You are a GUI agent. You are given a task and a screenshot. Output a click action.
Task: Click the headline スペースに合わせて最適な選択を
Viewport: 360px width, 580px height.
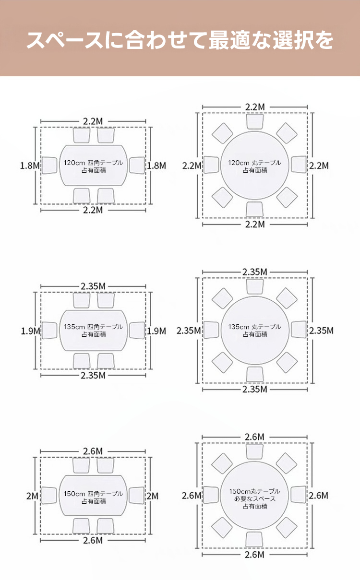tap(180, 40)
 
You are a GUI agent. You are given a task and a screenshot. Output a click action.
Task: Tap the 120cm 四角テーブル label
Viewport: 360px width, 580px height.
tap(94, 163)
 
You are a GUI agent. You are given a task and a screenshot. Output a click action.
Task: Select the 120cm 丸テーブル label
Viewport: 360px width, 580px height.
tap(254, 163)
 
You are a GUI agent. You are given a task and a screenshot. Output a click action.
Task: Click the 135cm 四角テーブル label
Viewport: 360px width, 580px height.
tap(94, 327)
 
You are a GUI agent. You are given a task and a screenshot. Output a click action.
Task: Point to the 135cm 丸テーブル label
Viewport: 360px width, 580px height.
tap(254, 327)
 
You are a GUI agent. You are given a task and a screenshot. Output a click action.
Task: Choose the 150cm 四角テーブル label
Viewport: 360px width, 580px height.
tap(94, 494)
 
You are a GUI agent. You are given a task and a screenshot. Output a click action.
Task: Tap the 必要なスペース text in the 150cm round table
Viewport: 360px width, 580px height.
tap(255, 499)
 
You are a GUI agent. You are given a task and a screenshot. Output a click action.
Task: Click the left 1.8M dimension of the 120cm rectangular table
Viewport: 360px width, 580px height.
tap(30, 166)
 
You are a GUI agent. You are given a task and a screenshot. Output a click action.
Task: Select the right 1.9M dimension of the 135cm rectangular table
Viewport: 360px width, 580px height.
tap(156, 331)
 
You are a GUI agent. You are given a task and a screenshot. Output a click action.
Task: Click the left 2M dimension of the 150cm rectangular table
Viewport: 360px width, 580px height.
tap(32, 496)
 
